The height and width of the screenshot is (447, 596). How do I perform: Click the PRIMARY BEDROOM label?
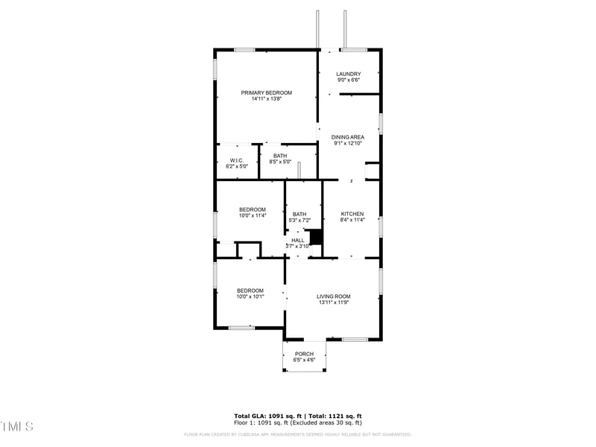point(266,92)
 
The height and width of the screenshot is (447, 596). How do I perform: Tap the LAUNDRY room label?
point(348,74)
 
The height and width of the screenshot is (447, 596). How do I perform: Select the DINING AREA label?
point(348,137)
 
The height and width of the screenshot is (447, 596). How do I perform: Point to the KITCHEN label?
point(352,214)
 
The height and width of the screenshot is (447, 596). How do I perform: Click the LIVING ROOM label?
point(333,297)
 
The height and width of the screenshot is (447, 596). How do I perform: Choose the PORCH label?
point(304,354)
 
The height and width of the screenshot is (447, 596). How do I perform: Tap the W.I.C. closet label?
point(236,160)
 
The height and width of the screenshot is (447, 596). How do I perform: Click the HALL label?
point(298,241)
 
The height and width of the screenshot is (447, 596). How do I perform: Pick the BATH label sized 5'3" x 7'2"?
point(299,214)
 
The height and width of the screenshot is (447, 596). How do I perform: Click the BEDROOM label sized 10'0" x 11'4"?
point(252,210)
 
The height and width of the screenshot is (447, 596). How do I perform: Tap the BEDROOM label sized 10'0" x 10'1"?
point(250,291)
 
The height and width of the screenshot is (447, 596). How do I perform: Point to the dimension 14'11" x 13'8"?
point(266,99)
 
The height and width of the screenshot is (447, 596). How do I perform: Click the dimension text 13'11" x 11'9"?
point(333,303)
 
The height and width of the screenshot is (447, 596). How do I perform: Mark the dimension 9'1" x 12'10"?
point(348,144)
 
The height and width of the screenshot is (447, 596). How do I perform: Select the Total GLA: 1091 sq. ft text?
point(264,416)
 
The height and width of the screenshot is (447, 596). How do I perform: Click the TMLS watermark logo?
point(17,426)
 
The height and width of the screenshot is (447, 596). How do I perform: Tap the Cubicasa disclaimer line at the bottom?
point(298,434)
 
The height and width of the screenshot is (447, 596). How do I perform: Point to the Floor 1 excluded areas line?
point(298,422)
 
